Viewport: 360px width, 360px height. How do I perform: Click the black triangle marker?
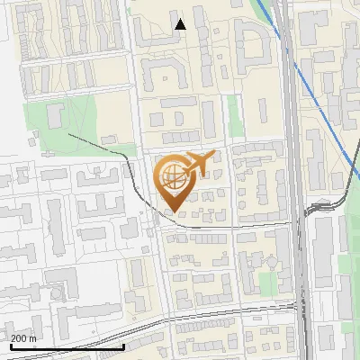point(181,24)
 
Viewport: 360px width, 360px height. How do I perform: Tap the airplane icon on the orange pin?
point(195,164)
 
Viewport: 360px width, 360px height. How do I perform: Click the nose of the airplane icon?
point(212,157)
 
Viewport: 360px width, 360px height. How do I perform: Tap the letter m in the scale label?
point(33,338)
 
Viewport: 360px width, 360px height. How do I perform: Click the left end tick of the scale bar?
point(11,346)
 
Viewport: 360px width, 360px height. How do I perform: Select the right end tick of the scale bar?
point(123,346)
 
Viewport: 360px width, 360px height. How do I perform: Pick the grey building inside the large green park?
point(54,114)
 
